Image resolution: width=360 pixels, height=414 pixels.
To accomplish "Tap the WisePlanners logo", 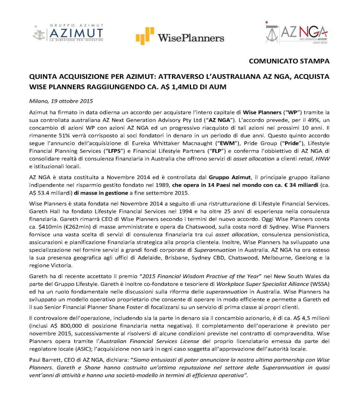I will pyautogui.click(x=180, y=37).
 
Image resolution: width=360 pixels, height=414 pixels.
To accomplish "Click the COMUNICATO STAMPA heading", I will pyautogui.click(x=289, y=61).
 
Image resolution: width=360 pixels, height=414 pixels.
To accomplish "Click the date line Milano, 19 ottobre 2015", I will pyautogui.click(x=61, y=101).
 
